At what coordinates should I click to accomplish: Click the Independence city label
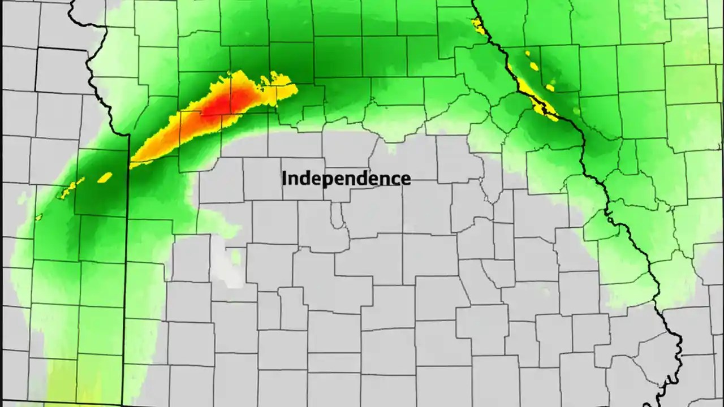346,179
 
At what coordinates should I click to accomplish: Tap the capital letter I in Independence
285,178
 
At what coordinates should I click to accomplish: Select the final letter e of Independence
406,179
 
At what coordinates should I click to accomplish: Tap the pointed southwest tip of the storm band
133,165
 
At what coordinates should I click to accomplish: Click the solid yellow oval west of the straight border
105,177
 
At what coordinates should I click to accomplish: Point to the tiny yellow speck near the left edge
39,217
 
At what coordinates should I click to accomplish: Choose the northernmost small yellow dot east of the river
527,53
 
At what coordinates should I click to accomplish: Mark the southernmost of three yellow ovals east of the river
550,88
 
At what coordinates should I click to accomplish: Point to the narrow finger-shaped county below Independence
338,218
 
